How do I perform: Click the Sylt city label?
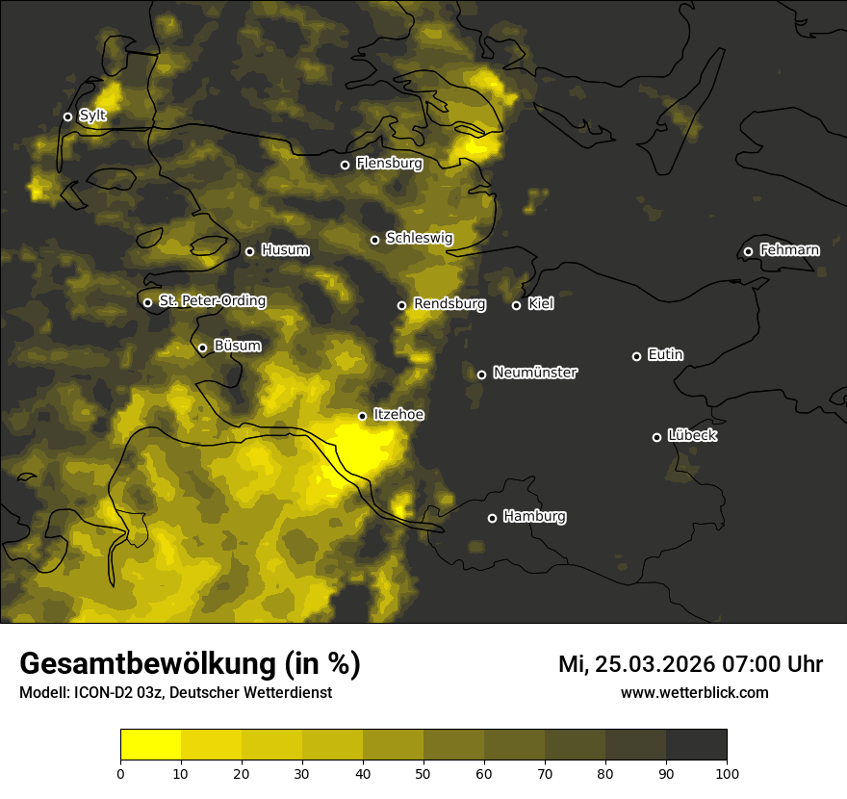(x=92, y=116)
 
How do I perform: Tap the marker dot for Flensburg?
(x=345, y=165)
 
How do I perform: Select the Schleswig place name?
(x=419, y=238)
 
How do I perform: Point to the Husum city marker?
(x=249, y=251)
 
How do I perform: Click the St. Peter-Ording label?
(x=212, y=300)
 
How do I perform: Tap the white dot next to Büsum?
(x=202, y=348)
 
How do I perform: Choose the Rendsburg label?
(x=449, y=304)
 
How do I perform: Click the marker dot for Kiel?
(x=516, y=305)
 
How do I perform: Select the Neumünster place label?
(x=534, y=373)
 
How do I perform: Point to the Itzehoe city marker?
(x=362, y=416)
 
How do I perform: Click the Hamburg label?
(x=534, y=516)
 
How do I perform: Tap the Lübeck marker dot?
(x=656, y=437)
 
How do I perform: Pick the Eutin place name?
(x=665, y=354)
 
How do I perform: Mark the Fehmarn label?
(x=789, y=250)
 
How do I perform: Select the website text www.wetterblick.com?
(x=694, y=692)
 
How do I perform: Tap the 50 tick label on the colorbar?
(x=423, y=772)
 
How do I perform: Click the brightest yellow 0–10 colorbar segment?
(x=150, y=745)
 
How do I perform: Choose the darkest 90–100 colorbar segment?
(x=696, y=745)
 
